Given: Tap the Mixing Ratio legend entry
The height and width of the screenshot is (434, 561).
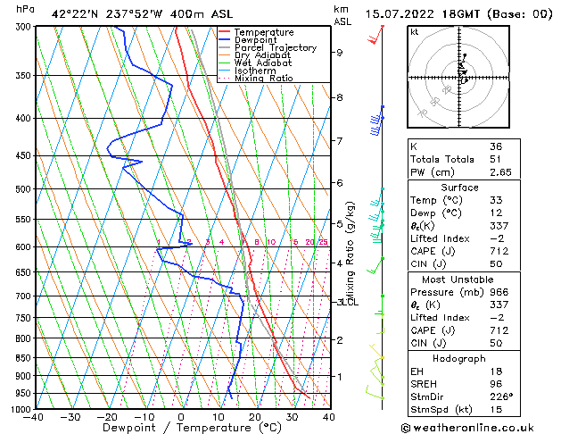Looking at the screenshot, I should point(264,79).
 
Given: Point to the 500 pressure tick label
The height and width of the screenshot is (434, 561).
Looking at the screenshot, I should point(21,189).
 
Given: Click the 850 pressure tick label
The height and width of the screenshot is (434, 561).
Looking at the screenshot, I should point(21,358).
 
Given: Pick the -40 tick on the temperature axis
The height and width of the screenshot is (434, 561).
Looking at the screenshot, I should point(34,417).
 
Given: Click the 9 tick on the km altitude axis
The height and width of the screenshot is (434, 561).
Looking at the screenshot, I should point(340,53).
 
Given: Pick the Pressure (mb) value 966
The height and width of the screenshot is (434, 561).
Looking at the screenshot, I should point(497,291).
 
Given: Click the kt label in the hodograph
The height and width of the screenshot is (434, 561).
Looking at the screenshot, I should point(414,31).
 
